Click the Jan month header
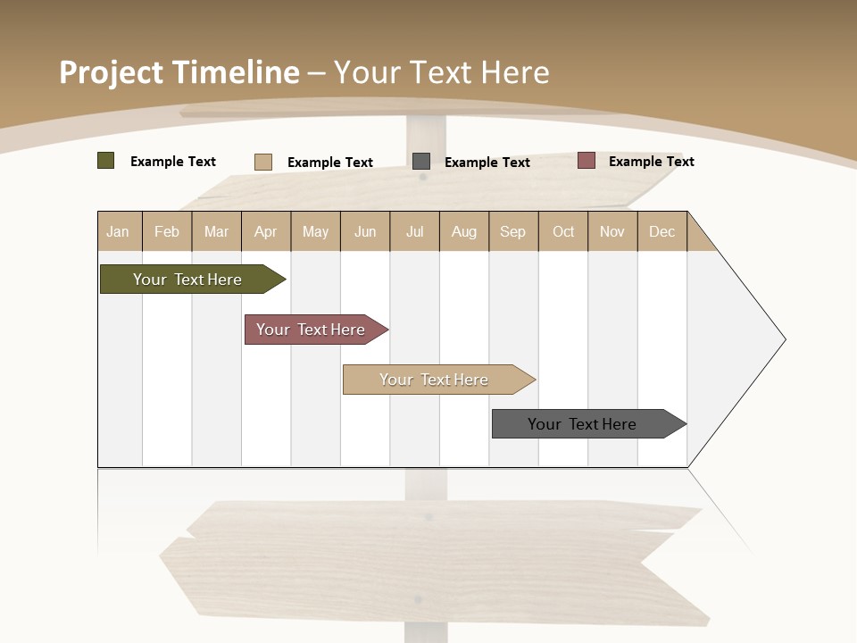coord(118,231)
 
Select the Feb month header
coord(167,231)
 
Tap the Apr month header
coord(265,231)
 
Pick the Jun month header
coord(365,231)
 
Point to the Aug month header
coord(463,231)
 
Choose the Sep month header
coord(512,231)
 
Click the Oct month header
coord(563,231)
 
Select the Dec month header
coord(661,231)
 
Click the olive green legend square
coord(105,161)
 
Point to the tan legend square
coord(262,162)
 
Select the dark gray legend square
coord(421,161)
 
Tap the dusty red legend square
coord(586,161)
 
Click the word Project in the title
coord(112,72)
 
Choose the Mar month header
coord(216,231)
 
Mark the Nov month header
coord(612,231)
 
